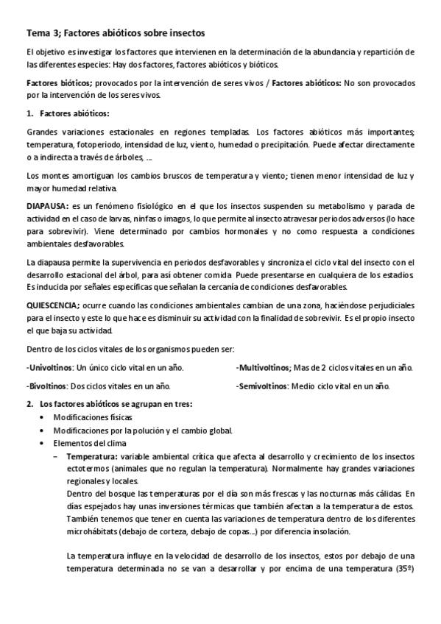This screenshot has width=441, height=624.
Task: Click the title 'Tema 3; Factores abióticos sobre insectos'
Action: [116, 33]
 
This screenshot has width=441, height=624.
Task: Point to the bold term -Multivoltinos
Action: [263, 367]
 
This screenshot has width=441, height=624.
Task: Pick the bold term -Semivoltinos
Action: [263, 385]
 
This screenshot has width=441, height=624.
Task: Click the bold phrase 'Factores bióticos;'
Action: [58, 84]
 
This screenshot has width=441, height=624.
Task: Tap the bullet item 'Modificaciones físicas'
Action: [93, 417]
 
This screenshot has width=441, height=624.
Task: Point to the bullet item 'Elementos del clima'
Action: [88, 443]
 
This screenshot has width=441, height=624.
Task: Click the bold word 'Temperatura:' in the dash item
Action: [93, 456]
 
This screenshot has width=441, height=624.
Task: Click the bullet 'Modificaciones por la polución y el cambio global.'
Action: [143, 430]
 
